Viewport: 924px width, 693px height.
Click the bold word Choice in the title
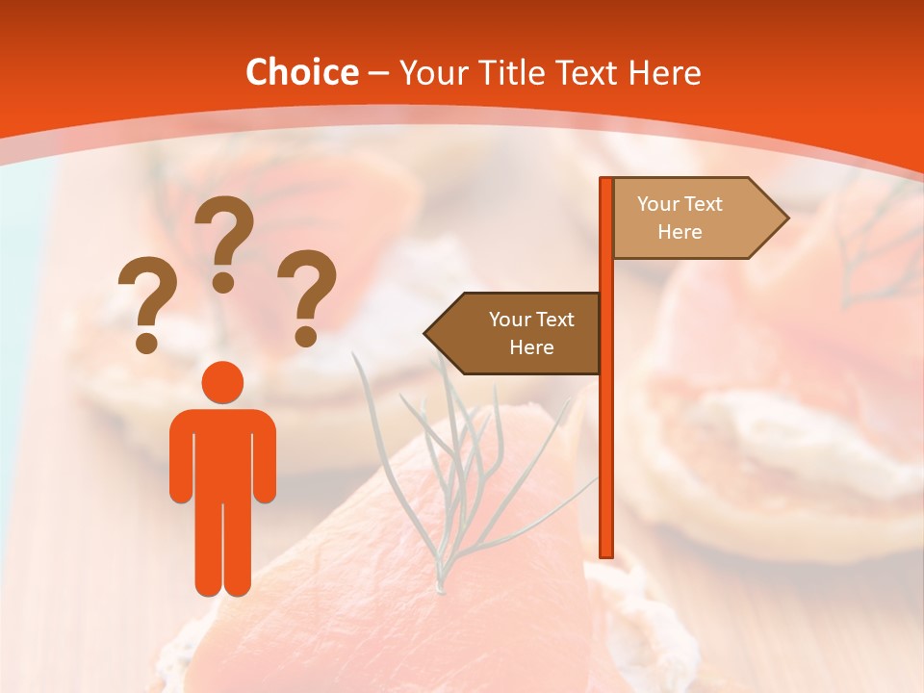tap(301, 72)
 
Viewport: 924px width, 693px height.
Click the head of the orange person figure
tap(222, 382)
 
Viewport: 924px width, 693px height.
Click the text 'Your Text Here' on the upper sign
tap(680, 218)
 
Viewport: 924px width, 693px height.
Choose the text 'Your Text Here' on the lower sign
tap(530, 333)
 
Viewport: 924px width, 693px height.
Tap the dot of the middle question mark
tap(223, 282)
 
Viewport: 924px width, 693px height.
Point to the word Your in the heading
tap(430, 73)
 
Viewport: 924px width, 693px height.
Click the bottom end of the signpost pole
tap(606, 552)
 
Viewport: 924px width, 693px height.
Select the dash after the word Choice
tap(378, 73)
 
